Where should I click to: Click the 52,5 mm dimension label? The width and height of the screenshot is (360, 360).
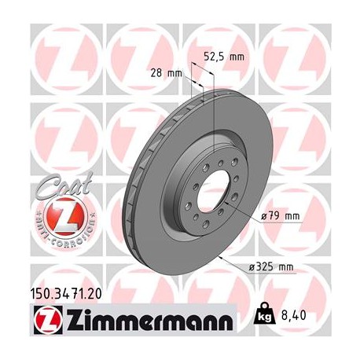(x=223, y=56)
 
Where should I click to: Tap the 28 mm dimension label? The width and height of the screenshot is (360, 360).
(x=166, y=73)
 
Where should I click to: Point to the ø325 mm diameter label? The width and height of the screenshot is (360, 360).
(x=272, y=267)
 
